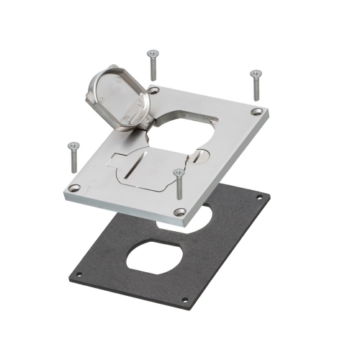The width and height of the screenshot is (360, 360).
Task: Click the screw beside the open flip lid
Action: coord(153,65)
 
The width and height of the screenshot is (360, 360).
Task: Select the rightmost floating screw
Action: coord(255,84)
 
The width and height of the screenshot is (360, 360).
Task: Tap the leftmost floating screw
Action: coord(73,155)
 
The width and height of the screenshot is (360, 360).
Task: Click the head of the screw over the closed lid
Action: coord(176,173)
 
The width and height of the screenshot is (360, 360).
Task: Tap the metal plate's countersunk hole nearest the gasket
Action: coord(180,212)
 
